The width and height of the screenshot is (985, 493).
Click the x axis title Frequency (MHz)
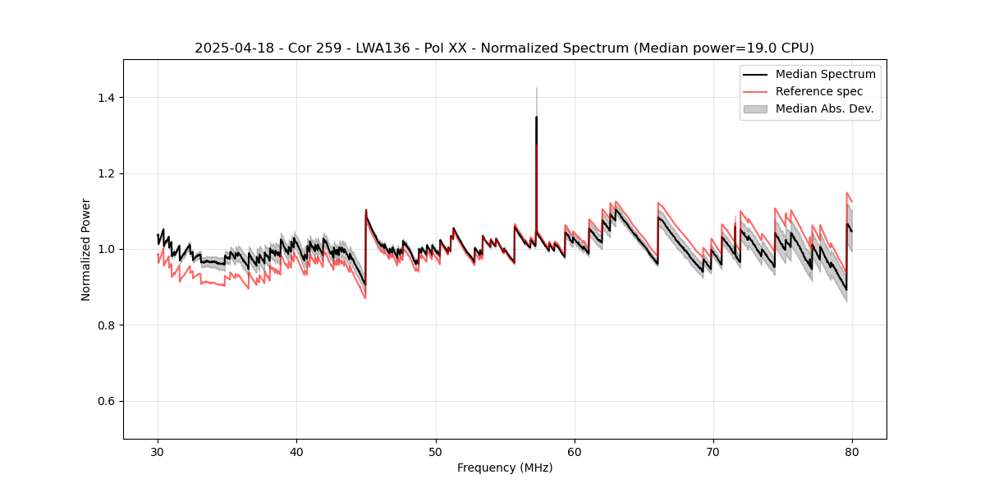505,468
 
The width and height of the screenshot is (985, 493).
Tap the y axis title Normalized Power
86,249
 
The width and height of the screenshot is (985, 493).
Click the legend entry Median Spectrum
825,75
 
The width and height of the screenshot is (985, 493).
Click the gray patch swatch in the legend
755,108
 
